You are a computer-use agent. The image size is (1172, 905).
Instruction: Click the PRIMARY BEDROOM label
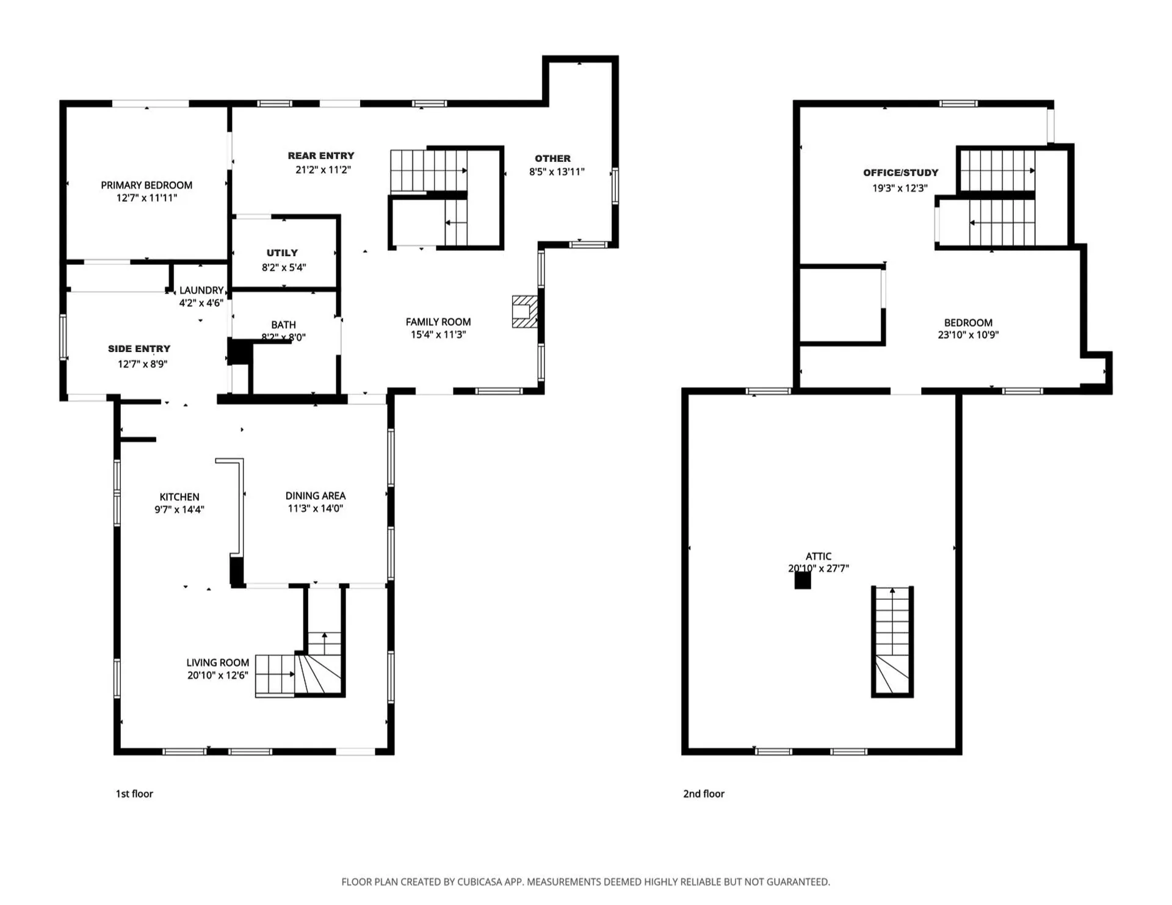click(146, 185)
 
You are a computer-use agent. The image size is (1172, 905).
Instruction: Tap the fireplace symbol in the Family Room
click(524, 312)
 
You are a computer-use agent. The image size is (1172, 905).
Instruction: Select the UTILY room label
click(282, 253)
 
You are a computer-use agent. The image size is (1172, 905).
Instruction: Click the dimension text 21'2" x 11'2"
click(323, 170)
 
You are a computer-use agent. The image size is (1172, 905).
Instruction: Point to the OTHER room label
click(552, 158)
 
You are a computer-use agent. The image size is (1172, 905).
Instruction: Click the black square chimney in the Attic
click(802, 580)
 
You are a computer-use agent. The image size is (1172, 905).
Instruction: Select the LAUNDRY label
click(201, 290)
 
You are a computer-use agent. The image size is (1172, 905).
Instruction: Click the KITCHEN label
click(179, 497)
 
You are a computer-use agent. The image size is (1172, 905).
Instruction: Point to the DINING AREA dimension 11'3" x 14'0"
click(315, 508)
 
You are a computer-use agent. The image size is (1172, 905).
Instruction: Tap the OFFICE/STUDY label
click(900, 173)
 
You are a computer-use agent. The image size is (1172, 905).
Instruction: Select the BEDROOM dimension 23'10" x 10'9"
click(968, 334)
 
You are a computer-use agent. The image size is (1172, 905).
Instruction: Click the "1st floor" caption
click(134, 793)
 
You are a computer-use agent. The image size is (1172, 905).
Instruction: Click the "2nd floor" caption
click(703, 793)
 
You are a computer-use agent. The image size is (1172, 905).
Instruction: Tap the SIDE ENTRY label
click(139, 348)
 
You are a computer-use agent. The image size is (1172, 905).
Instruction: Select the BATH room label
click(283, 325)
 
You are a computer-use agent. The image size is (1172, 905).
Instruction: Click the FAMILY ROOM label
click(438, 322)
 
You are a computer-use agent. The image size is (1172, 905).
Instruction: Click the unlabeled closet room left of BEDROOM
click(840, 305)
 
